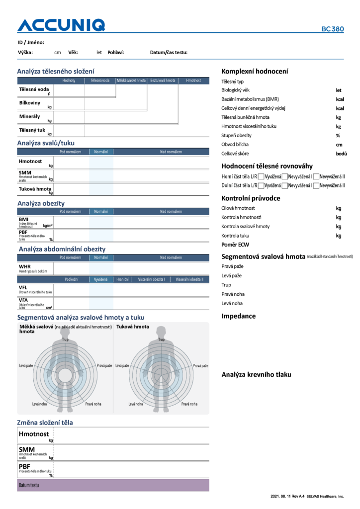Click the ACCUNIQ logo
click(61, 25)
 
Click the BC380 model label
click(332, 29)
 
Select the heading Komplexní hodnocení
click(254, 71)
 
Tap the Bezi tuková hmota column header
click(163, 80)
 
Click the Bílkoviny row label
click(30, 102)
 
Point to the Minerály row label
click(29, 116)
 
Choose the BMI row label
click(23, 219)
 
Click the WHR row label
click(24, 266)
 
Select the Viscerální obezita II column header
click(189, 279)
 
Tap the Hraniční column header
click(123, 279)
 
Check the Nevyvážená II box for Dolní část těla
click(316, 185)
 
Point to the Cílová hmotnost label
click(238, 208)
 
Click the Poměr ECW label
click(235, 245)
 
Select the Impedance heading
click(238, 316)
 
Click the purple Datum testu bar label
click(29, 485)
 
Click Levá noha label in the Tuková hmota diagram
click(135, 404)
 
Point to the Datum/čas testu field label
click(169, 52)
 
